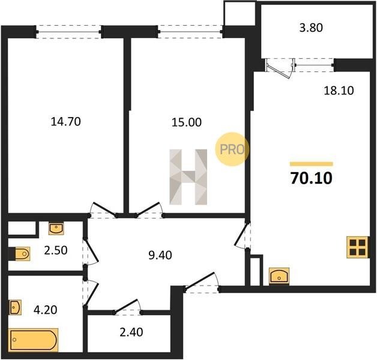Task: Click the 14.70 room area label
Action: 65,122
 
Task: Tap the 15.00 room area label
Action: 186,122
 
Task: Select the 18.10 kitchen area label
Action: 339,91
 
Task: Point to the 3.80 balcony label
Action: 311,28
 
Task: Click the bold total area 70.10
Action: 312,178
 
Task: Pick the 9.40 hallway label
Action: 160,255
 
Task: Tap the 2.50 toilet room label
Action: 56,250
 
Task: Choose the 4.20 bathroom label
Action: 45,310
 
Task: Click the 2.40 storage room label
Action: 131,332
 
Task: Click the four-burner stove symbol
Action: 358,247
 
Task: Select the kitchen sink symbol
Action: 279,277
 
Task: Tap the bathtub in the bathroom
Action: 33,340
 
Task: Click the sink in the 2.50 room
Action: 56,228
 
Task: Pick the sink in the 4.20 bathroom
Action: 15,307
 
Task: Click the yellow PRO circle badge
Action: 232,149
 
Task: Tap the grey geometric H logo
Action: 188,177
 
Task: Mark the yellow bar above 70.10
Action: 312,164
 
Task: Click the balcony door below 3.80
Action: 279,68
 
